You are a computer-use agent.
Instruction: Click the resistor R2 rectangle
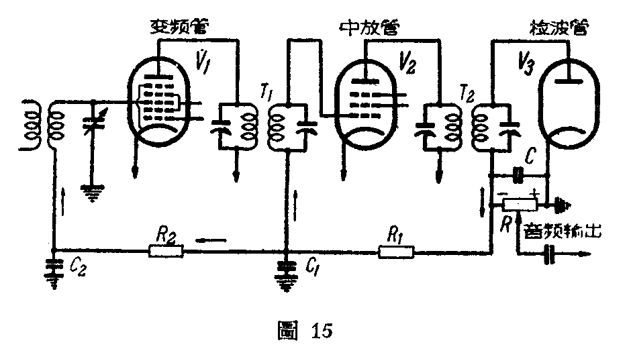pyautogui.click(x=165, y=252)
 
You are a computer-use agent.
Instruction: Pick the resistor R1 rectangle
pyautogui.click(x=397, y=252)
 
